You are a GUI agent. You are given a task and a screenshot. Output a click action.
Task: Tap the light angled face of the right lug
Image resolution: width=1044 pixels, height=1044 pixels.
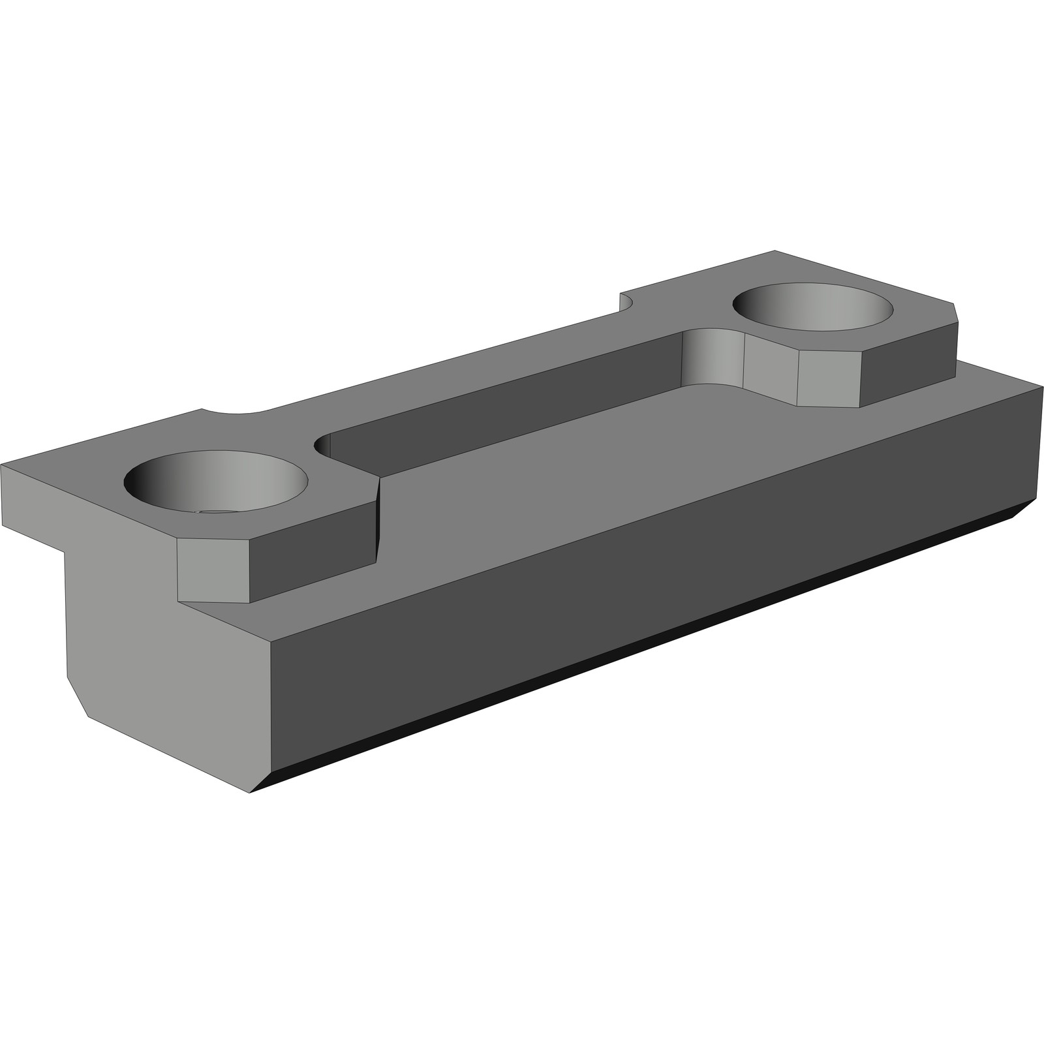829,378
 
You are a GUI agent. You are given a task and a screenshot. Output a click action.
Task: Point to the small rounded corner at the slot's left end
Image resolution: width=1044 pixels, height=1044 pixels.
322,446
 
